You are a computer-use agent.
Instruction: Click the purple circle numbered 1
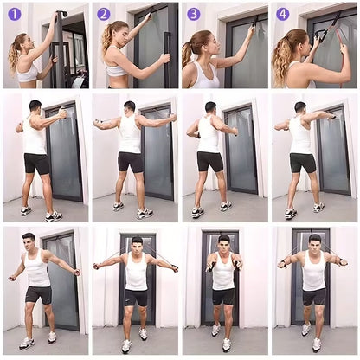15,14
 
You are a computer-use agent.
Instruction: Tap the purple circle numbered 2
104,14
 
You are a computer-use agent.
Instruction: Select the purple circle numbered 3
194,14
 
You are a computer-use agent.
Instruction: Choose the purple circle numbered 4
283,14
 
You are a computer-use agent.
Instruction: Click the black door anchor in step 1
62,14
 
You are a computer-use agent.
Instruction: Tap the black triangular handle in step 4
319,35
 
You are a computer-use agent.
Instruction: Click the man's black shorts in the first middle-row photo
36,164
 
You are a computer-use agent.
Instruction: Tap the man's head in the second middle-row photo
129,107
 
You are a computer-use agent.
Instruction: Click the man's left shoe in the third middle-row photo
197,212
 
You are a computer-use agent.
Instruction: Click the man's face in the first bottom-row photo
29,243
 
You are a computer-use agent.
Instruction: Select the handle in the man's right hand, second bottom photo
97,266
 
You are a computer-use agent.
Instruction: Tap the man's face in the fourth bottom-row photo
314,244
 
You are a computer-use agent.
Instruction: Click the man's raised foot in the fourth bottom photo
305,330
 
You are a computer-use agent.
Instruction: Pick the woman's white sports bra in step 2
117,70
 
